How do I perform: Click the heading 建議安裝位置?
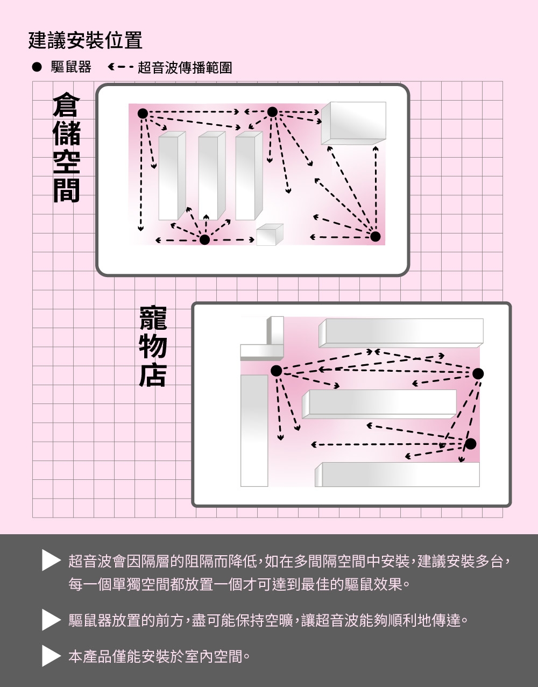coord(85,40)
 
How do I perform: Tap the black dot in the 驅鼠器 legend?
coord(37,68)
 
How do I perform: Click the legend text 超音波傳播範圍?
coord(185,68)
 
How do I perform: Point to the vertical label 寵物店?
coord(152,346)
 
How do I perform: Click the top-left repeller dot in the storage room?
coord(143,113)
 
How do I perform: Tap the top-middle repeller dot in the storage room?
coord(272,112)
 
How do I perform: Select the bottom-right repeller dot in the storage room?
coord(376,236)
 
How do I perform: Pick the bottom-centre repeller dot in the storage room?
coord(204,240)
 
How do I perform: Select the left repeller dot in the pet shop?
coord(276,371)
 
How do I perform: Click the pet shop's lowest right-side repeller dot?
coord(471,444)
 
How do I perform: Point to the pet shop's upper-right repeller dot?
coord(478,373)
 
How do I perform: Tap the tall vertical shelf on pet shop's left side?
coord(254,430)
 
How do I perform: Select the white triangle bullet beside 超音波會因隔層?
coord(51,562)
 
